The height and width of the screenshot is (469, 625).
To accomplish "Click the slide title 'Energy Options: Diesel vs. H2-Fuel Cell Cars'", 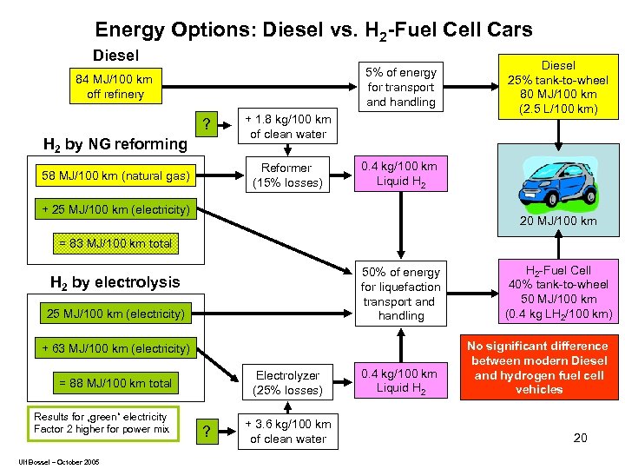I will (x=313, y=30).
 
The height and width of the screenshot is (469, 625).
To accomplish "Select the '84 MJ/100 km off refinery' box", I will (x=114, y=87).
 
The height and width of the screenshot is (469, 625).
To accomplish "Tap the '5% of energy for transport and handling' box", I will (x=400, y=87).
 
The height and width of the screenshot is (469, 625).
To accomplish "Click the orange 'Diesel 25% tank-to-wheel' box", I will (x=558, y=87).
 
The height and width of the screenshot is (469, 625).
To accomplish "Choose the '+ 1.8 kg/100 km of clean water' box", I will (x=288, y=127).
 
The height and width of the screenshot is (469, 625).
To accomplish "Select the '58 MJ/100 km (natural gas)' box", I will (x=115, y=176).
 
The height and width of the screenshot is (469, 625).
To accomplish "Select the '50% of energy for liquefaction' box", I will (x=400, y=294).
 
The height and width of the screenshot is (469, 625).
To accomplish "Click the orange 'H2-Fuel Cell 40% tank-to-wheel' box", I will (x=558, y=292).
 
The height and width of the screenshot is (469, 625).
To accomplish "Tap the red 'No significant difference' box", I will (x=538, y=367).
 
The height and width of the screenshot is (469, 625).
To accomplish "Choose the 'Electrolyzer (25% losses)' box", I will (x=287, y=383).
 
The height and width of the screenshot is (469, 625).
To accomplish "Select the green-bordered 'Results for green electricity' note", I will (x=102, y=423).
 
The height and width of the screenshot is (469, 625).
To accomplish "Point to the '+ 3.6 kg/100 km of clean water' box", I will (x=288, y=432).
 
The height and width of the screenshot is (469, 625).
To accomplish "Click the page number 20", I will (x=580, y=438).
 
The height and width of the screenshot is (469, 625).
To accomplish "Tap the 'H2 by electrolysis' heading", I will (x=115, y=281).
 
